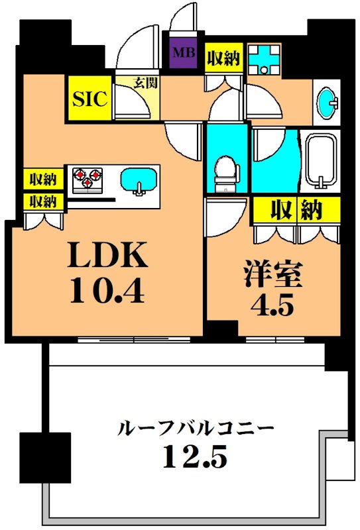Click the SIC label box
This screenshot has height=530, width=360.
click(90, 99)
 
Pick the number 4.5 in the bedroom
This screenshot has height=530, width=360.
click(272, 308)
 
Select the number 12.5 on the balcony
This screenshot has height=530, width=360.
click(194, 456)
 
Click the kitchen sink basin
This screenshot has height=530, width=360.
click(139, 180)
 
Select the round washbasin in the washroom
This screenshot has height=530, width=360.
click(327, 103)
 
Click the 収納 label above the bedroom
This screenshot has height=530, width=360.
click(295, 211)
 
